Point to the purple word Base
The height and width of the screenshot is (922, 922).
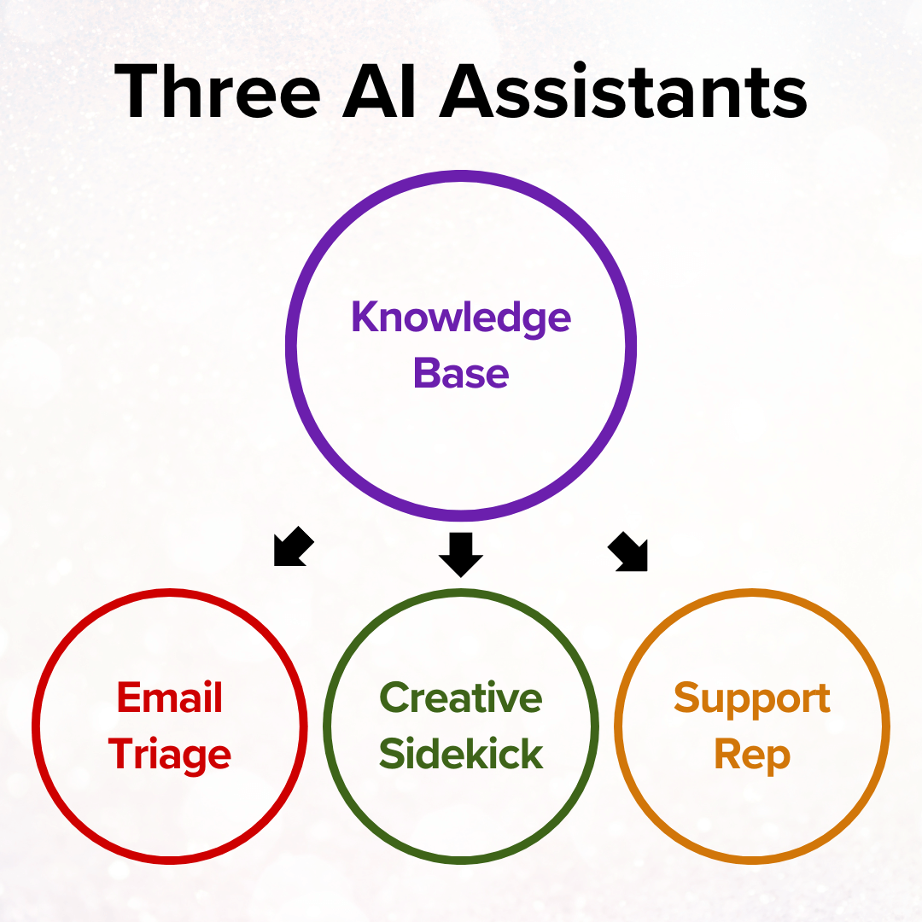pos(461,374)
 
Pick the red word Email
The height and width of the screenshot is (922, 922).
pos(170,698)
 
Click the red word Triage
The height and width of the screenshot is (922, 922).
pos(170,756)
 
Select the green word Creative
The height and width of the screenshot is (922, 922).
pos(461,698)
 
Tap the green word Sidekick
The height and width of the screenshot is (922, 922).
pos(461,755)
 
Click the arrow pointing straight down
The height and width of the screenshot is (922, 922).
pos(461,554)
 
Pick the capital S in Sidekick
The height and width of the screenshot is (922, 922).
pos(391,755)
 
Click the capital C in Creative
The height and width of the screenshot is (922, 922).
pos(394,698)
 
